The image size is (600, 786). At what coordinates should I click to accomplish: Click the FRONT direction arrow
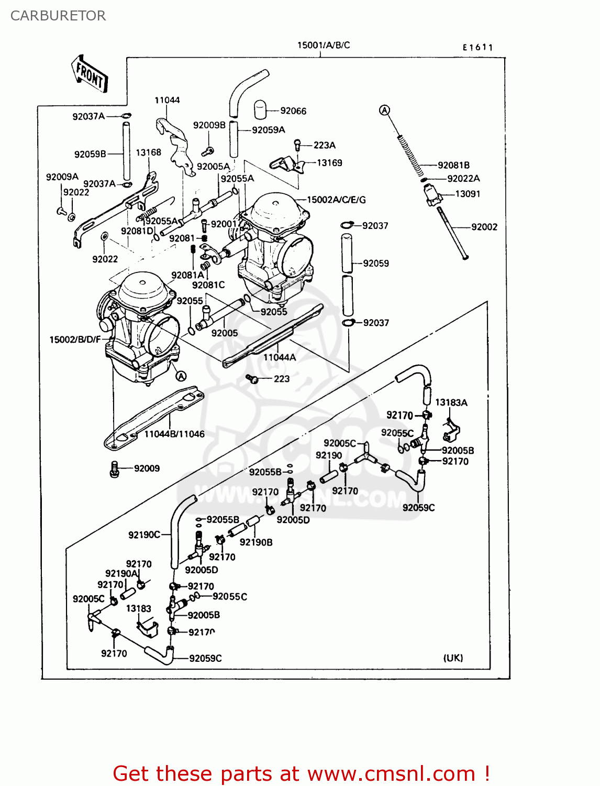tap(90, 74)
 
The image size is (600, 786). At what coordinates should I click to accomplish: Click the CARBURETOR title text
tap(58, 16)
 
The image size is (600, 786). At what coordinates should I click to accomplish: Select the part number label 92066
tap(293, 111)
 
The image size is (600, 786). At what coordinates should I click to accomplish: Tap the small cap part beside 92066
tap(260, 110)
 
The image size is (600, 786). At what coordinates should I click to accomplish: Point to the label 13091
tap(468, 194)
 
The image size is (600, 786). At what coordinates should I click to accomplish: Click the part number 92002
tap(484, 227)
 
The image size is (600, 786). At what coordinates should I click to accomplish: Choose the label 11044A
tap(280, 357)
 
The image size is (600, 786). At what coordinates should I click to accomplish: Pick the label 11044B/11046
tap(174, 434)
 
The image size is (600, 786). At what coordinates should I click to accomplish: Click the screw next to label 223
tap(252, 378)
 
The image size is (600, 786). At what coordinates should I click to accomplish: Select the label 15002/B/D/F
tap(75, 340)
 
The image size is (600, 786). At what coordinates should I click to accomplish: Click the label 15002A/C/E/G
tap(336, 200)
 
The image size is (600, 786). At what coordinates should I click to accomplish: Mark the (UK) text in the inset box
tap(453, 658)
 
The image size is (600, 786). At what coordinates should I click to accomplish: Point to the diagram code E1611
tap(477, 47)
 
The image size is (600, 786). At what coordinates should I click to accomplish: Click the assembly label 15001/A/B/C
tap(324, 45)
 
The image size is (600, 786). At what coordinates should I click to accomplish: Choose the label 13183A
tap(451, 402)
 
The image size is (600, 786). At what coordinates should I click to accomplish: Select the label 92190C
tap(144, 534)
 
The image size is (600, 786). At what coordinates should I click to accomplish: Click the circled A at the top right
tap(385, 110)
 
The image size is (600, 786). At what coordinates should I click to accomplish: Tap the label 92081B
tap(453, 165)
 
